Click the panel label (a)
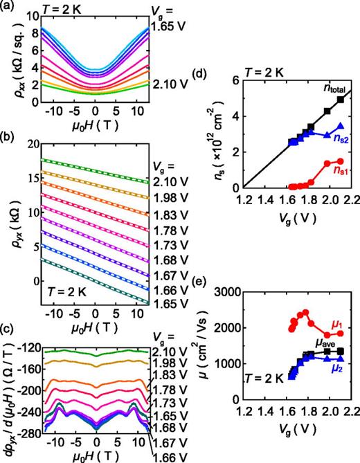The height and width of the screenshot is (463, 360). [x=9, y=6]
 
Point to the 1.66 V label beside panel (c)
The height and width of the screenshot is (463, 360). [x=168, y=456]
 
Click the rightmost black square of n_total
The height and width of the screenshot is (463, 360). [x=341, y=100]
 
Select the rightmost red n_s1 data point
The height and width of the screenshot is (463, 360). [x=340, y=161]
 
